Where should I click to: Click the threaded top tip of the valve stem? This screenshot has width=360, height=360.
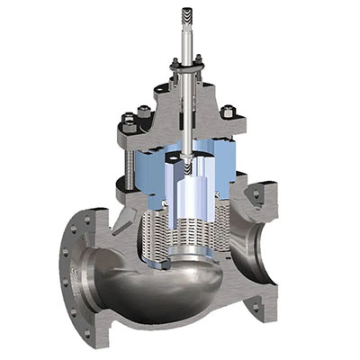coord(186,15)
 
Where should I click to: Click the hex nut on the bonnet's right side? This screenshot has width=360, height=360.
coord(229,112)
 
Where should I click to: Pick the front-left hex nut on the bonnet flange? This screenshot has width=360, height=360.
coord(130,121)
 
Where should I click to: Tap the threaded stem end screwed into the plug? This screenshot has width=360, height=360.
coord(186,166)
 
